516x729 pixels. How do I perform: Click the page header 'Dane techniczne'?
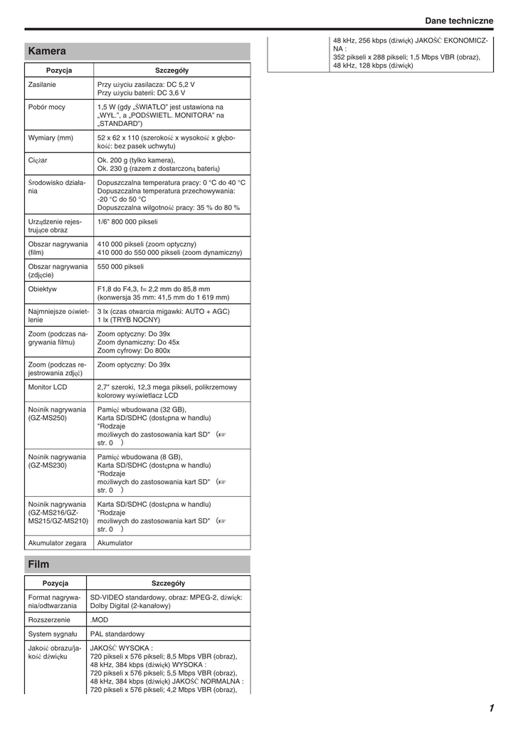(459, 21)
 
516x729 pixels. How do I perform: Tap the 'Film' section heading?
(39, 565)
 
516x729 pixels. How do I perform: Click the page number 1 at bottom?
(491, 708)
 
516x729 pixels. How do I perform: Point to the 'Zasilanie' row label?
(42, 85)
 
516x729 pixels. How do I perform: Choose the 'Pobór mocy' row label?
(46, 107)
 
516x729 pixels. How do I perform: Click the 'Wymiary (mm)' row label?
(51, 137)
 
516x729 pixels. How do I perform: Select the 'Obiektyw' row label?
(43, 289)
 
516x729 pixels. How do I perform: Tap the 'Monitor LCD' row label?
(48, 387)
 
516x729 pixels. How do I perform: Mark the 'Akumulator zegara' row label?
(57, 542)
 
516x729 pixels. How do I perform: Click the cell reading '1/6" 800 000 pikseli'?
(127, 222)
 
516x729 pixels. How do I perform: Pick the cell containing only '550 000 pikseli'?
(120, 267)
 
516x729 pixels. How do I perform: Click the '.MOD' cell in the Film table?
(99, 619)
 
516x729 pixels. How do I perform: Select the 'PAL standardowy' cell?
(117, 634)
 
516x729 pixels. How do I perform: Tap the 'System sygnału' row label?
(53, 634)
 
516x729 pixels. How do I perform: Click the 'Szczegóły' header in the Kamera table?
(172, 70)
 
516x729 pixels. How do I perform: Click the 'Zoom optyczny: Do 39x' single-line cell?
(134, 364)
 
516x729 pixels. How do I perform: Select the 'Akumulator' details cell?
(115, 542)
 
